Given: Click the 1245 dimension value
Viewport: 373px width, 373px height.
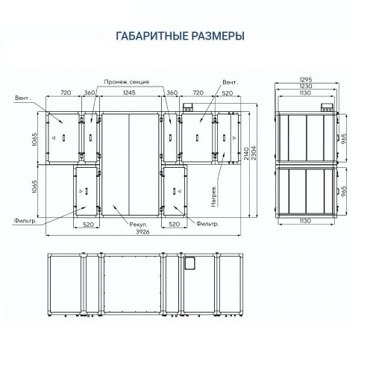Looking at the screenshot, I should click(130, 94).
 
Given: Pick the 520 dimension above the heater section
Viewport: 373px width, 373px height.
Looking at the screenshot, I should click(225, 94).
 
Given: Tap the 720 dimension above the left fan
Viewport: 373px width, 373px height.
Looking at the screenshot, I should click(64, 94).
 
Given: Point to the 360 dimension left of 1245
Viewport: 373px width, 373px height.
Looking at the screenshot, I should click(90, 94).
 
